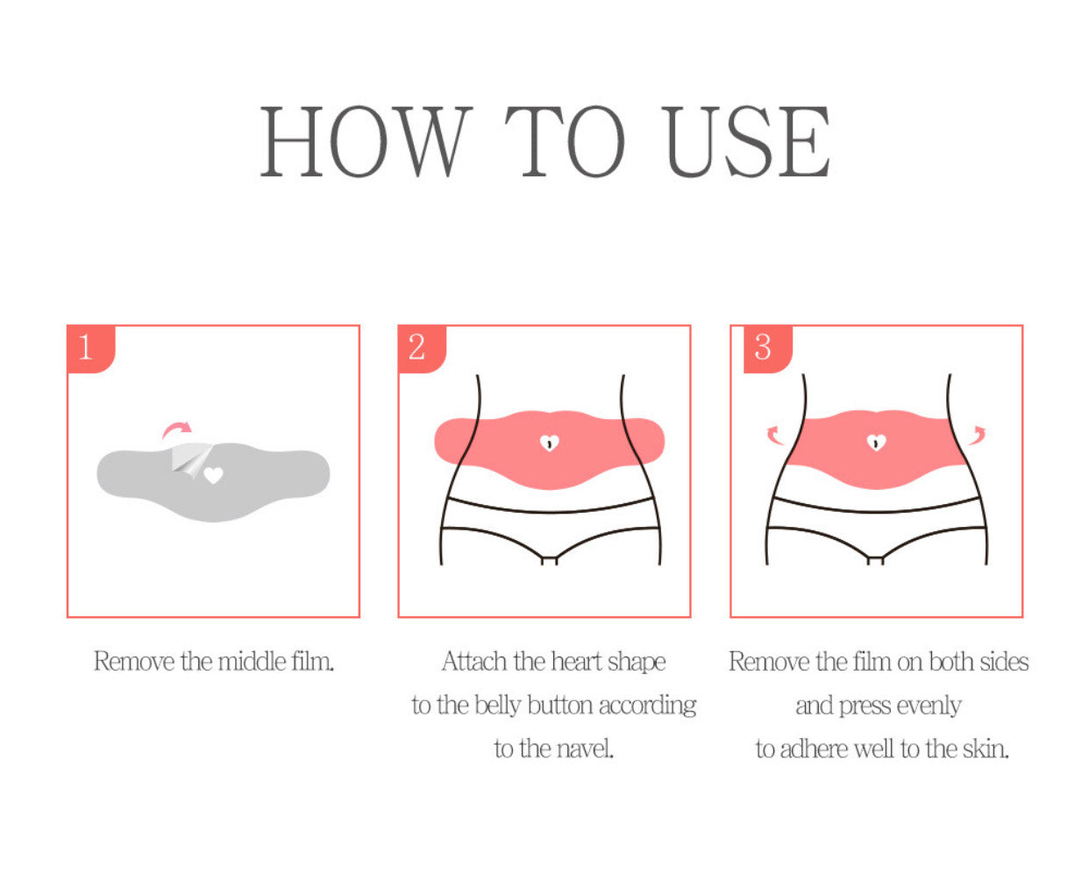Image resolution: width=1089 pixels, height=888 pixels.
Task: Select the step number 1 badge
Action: [x=88, y=347]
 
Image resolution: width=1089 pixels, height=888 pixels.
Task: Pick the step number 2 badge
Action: [x=419, y=347]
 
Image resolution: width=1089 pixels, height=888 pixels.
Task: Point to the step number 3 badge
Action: [x=764, y=347]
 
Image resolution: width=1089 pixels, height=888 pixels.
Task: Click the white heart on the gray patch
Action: [x=213, y=476]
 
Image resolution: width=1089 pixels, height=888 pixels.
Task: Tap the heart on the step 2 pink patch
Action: [x=549, y=444]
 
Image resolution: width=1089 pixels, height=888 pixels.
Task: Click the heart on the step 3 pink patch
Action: [x=876, y=444]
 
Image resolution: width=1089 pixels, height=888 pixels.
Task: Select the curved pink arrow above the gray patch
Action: [x=177, y=430]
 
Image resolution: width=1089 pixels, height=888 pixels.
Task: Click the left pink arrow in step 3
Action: [x=774, y=435]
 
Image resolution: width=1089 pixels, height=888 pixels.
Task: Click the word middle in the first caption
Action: [x=253, y=661]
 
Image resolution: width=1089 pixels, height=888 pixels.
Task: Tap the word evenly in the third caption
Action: [x=929, y=706]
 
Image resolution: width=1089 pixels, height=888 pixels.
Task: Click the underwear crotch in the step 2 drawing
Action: [x=549, y=558]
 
